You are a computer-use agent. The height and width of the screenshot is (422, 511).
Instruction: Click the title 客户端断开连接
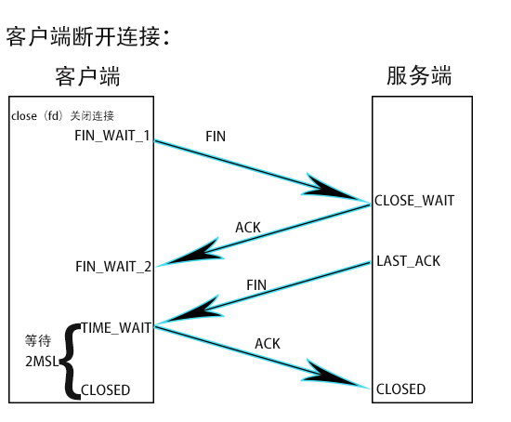(89, 37)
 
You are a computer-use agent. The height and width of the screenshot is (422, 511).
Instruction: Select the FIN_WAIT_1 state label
(112, 136)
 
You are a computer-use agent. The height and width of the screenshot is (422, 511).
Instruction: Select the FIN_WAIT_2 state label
(113, 267)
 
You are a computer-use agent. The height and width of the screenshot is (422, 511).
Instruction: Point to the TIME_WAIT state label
(116, 327)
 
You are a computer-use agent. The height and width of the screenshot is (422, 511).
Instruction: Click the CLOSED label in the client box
(106, 389)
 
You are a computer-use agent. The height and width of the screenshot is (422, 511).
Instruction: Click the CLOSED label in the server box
(400, 389)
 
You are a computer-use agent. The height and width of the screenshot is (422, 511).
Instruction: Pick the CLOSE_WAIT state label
(414, 200)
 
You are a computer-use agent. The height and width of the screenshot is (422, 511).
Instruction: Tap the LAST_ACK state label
(408, 261)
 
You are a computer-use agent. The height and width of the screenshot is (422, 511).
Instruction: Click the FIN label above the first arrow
(215, 136)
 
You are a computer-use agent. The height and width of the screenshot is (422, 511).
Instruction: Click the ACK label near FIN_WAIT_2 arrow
(248, 227)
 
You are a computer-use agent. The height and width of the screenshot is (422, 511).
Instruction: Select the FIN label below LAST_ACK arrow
(257, 284)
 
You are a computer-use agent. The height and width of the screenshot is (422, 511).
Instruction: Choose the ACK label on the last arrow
(268, 344)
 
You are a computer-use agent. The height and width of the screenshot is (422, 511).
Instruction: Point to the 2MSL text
(42, 360)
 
